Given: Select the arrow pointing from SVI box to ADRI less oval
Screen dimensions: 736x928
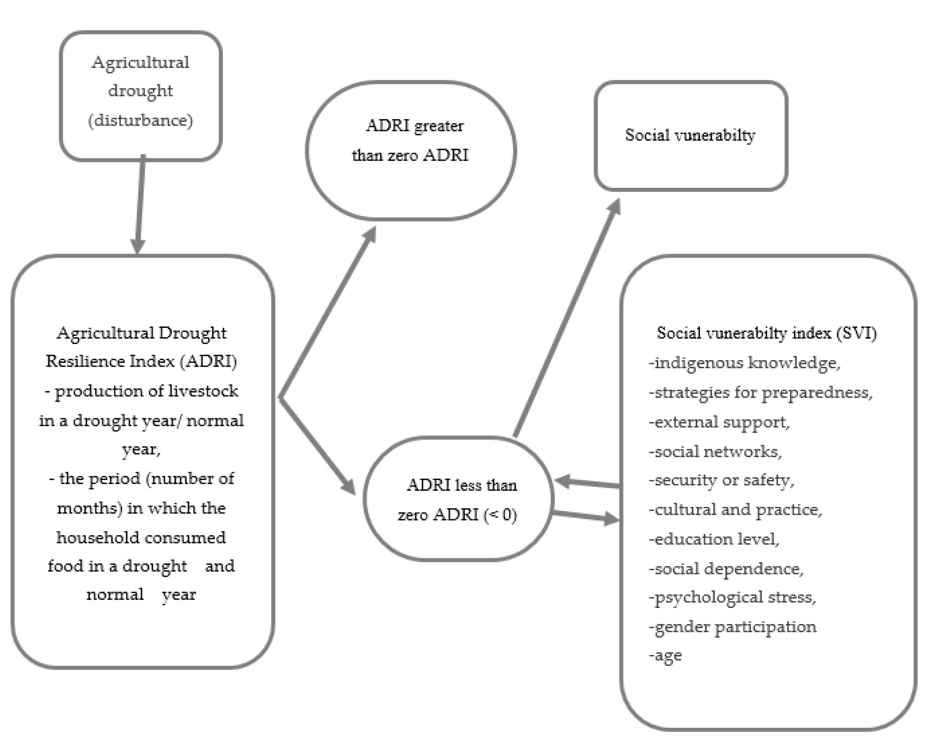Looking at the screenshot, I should tap(587, 483).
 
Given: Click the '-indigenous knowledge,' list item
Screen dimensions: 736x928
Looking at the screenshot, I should tap(744, 363).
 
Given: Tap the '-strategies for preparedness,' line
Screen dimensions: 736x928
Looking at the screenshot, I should tap(760, 393).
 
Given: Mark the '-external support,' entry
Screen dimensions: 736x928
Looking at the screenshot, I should tap(719, 422).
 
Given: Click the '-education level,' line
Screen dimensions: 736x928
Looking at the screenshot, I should tap(714, 539).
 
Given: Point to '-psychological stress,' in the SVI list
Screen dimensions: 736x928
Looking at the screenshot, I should tap(732, 597).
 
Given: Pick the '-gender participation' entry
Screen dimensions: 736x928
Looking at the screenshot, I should tap(732, 627).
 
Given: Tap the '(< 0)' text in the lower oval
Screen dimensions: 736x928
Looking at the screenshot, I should tap(500, 515).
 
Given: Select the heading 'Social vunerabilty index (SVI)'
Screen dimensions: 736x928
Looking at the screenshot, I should tap(766, 333).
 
